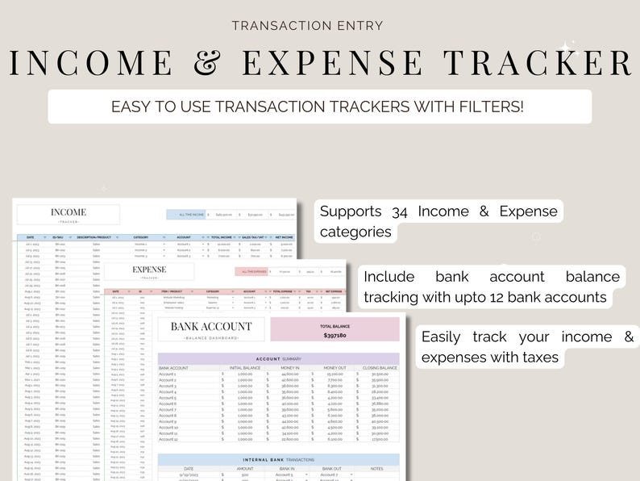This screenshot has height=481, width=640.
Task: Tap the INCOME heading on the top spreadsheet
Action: click(x=69, y=213)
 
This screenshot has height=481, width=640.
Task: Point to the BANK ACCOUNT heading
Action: click(x=211, y=327)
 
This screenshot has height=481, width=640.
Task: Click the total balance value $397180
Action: click(x=335, y=335)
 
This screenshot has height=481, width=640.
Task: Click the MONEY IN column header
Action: click(x=289, y=368)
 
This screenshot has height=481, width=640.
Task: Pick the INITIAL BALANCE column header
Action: click(x=245, y=368)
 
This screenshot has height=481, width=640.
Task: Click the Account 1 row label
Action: click(x=168, y=374)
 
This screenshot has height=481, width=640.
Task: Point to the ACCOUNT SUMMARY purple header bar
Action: click(x=278, y=358)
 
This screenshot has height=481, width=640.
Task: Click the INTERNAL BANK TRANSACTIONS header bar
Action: click(x=278, y=459)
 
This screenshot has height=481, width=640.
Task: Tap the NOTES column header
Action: click(x=376, y=468)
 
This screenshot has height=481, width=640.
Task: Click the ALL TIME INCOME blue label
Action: click(x=192, y=215)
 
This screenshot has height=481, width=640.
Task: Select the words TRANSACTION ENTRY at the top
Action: click(x=320, y=25)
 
